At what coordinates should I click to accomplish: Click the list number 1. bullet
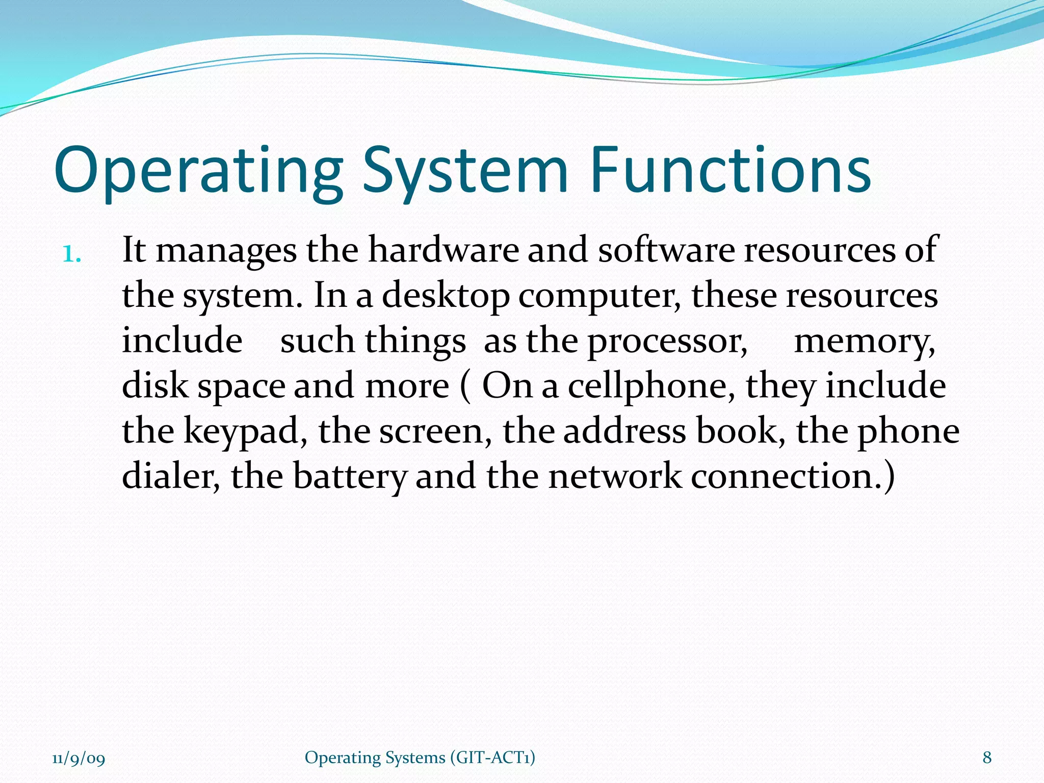71,253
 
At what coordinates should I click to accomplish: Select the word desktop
446,296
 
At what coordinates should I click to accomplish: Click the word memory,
865,342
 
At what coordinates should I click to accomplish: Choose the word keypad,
245,432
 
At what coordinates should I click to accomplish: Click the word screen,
436,432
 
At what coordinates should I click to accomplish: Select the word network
615,477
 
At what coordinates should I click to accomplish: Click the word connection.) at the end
793,477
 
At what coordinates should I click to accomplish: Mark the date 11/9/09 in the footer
79,759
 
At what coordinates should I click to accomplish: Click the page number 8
987,758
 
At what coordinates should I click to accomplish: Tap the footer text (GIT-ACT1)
492,758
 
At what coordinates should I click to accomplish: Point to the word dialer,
171,477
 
